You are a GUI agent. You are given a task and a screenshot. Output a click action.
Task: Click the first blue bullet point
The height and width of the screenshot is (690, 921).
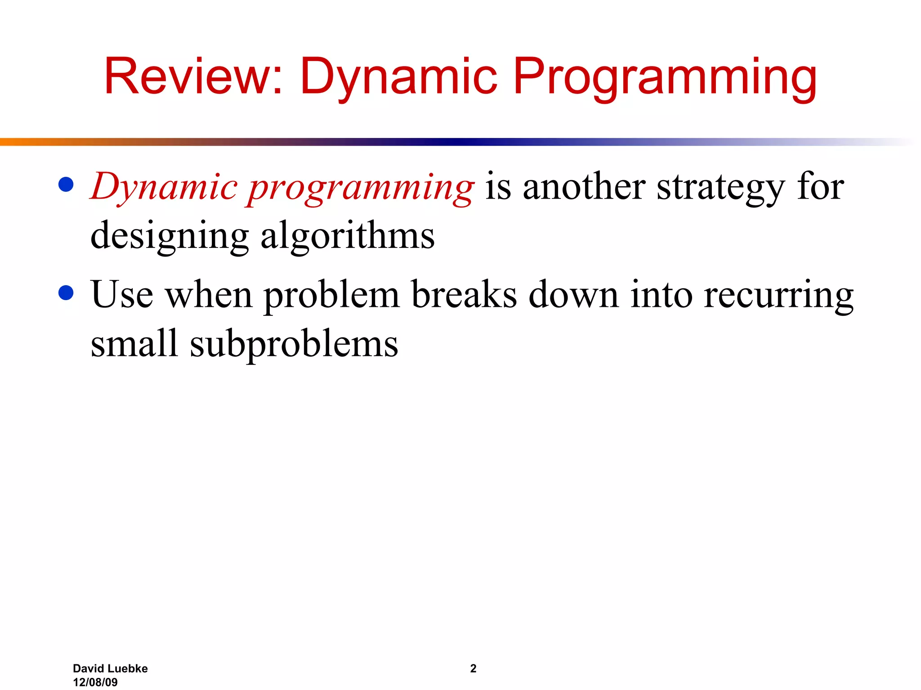[x=66, y=185]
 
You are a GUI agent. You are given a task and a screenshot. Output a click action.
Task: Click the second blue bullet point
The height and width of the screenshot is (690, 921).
[x=66, y=293]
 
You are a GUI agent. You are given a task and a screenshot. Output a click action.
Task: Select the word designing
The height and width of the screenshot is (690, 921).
[x=170, y=236]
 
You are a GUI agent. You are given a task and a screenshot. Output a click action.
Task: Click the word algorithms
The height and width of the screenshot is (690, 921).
[x=348, y=236]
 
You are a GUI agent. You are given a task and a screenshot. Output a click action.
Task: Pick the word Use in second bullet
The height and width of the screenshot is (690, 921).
[x=122, y=295]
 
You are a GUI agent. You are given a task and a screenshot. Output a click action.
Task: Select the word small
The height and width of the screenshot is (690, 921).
[x=134, y=343]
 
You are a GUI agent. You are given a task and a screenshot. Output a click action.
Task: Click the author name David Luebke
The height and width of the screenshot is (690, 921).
[x=110, y=668]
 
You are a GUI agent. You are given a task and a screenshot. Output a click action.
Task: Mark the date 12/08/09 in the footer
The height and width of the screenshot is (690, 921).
[x=95, y=682]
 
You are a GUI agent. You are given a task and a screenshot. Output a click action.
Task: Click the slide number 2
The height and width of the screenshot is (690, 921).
[x=473, y=668]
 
